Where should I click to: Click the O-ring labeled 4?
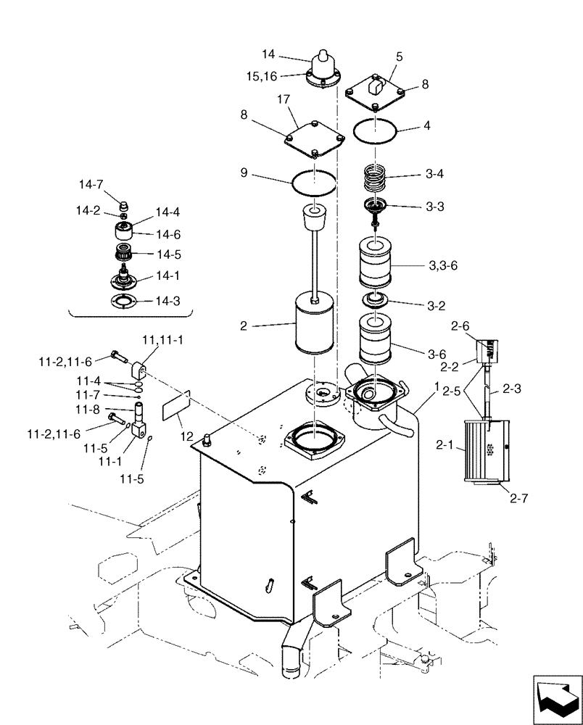[x=375, y=132]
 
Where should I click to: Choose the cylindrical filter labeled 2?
[x=316, y=327]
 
